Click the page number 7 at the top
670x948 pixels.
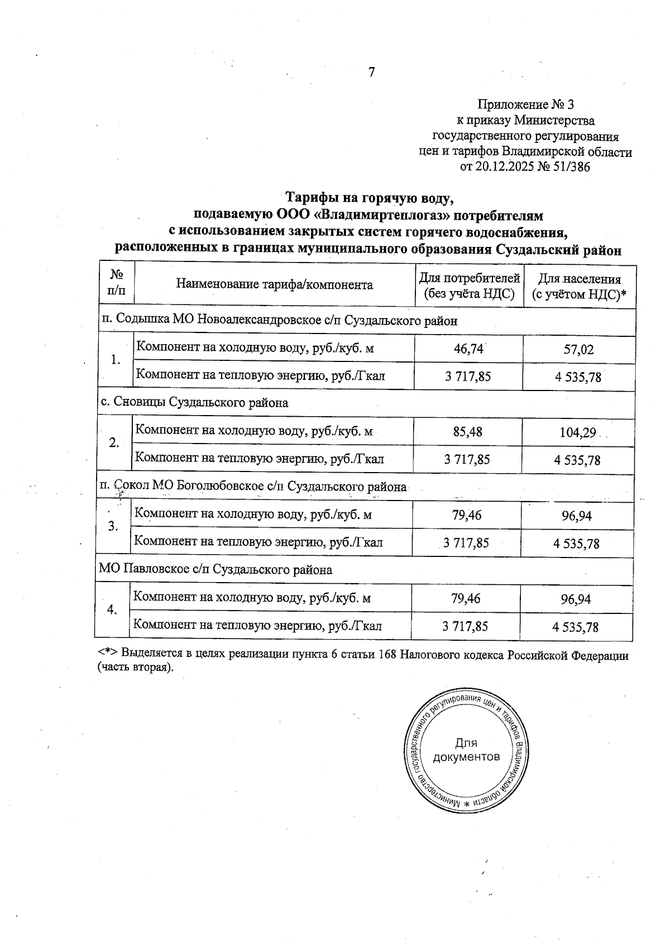pyautogui.click(x=371, y=73)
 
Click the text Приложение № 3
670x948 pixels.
pyautogui.click(x=525, y=104)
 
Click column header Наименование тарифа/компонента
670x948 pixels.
pyautogui.click(x=274, y=285)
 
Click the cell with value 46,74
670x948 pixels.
pyautogui.click(x=468, y=349)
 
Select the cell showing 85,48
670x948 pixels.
pyautogui.click(x=467, y=432)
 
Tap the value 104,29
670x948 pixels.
pyautogui.click(x=577, y=432)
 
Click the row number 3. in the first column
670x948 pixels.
pyautogui.click(x=113, y=527)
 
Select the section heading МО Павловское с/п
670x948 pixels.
pyautogui.click(x=216, y=570)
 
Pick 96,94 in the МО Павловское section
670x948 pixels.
pyautogui.click(x=576, y=599)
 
